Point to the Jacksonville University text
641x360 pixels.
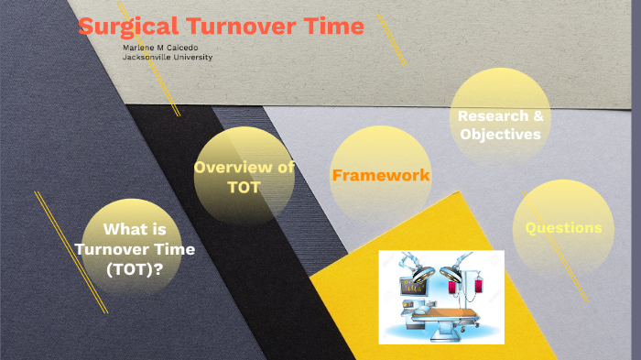tap(168, 57)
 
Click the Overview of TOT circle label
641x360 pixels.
tap(244, 177)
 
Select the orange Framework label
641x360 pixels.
tap(381, 175)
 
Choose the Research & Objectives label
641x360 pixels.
tap(500, 125)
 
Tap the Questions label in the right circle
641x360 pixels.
tap(563, 227)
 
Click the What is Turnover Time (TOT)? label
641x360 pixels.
tap(136, 249)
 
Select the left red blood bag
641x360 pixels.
tap(452, 288)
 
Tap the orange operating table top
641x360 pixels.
tap(446, 313)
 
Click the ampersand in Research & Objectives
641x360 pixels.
tap(538, 116)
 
